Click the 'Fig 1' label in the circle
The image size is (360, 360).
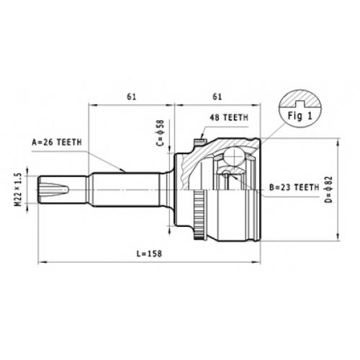(x=300, y=116)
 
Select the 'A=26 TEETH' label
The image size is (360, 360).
(x=57, y=143)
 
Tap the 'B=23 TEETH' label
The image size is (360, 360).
(x=294, y=187)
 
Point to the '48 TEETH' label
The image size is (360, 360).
(x=229, y=117)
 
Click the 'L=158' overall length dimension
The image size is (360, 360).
(x=149, y=253)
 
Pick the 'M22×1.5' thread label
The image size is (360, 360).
(x=19, y=190)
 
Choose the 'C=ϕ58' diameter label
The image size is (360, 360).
(x=160, y=132)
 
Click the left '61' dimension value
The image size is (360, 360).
(x=132, y=96)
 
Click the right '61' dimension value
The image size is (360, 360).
(x=217, y=96)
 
